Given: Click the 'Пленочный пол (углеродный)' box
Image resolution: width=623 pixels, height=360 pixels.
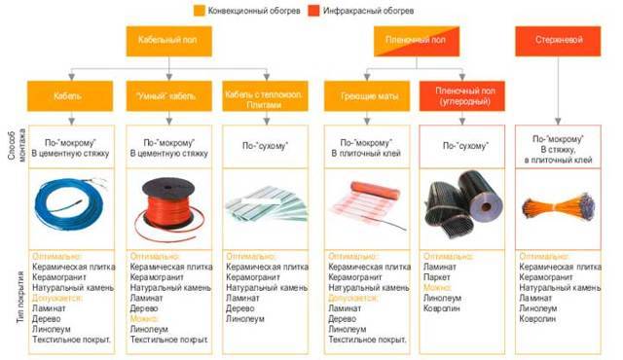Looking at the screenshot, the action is click(x=463, y=97).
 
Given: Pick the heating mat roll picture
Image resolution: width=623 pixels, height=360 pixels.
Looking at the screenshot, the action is click(x=365, y=203).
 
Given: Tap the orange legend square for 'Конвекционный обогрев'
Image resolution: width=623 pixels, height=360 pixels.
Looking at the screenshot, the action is click(x=200, y=11).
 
